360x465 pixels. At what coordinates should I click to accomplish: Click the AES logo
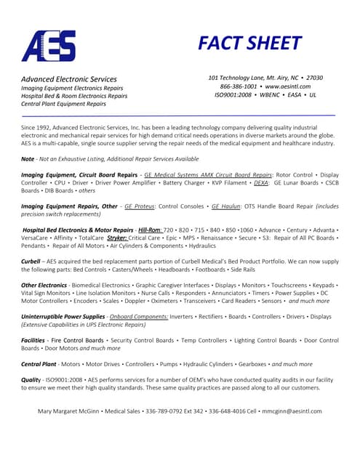[48, 46]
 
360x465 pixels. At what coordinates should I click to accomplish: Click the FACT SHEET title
[249, 44]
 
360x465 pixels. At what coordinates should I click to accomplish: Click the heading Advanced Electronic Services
[68, 78]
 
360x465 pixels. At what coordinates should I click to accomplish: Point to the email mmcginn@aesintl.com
[292, 411]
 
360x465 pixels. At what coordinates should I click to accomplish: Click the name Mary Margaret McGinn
[70, 411]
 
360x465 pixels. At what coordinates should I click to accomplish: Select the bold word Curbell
[31, 262]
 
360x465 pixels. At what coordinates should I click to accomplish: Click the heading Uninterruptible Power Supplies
[63, 317]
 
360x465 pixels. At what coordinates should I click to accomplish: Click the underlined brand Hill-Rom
[150, 230]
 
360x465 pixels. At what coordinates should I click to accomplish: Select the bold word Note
[28, 158]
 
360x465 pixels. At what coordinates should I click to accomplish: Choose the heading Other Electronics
[44, 285]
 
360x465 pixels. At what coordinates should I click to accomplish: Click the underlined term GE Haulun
[225, 206]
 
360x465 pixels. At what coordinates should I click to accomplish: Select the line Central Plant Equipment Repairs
[63, 104]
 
